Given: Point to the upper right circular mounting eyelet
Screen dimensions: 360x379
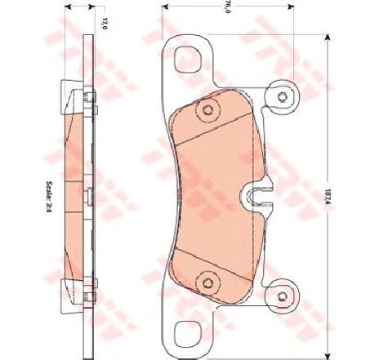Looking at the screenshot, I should [x=283, y=97].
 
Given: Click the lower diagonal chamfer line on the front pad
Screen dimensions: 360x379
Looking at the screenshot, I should [x=216, y=255].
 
